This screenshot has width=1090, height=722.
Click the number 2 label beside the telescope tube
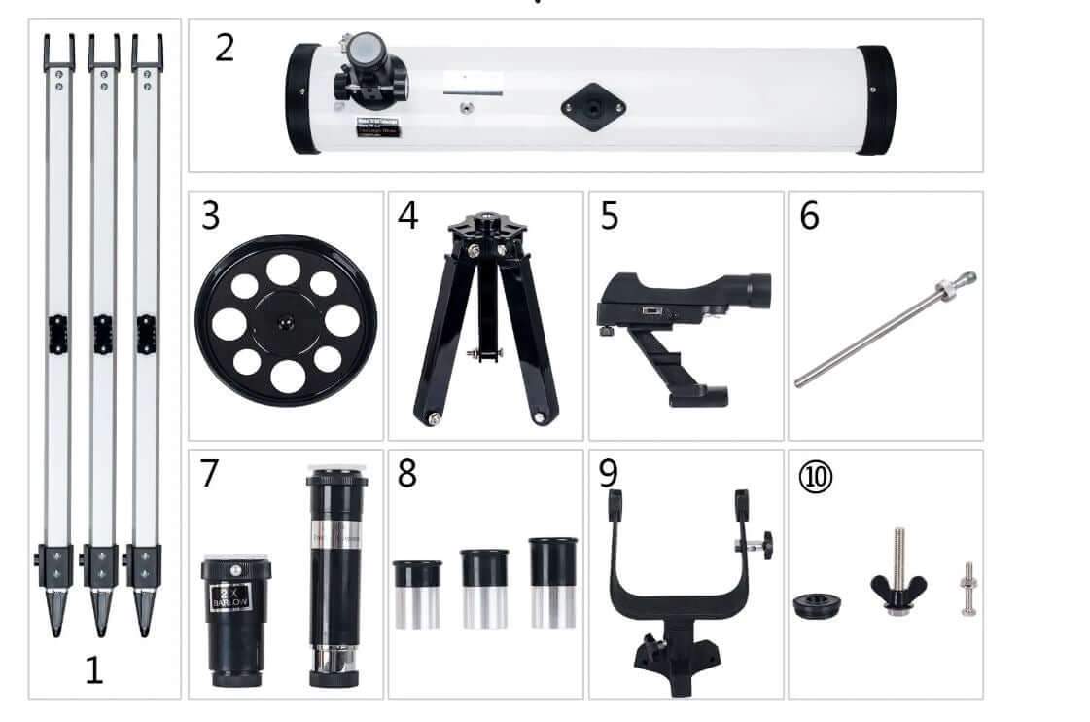click(225, 48)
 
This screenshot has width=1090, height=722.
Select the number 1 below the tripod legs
click(93, 671)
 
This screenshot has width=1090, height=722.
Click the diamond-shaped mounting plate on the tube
click(592, 105)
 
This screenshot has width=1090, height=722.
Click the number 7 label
click(210, 474)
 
